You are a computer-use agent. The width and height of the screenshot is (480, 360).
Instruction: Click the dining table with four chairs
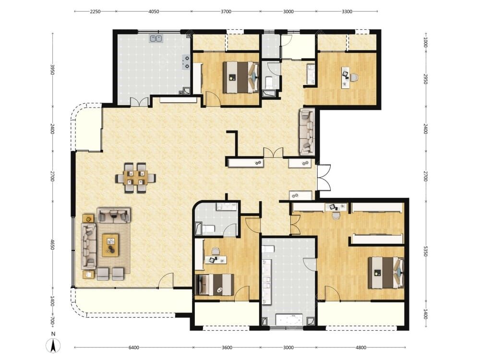coord(135,178)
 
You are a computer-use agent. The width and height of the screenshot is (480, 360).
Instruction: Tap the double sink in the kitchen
coord(156,38)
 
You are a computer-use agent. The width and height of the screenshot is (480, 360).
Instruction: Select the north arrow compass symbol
coord(53,346)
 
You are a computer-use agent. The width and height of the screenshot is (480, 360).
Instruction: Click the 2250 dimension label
coord(95,12)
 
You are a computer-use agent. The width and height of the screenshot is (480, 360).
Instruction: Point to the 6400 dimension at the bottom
coord(134,348)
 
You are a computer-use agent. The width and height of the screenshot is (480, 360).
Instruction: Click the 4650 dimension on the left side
coord(52,244)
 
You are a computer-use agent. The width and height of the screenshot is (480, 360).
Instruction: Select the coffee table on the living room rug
coord(110,245)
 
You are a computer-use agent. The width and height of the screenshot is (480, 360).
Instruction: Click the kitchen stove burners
coord(186,61)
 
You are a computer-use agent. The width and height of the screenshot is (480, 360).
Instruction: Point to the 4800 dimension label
coord(361,348)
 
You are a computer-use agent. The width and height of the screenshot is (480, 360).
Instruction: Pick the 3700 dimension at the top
coord(226,12)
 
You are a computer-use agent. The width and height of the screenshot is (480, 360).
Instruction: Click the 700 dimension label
coord(52,322)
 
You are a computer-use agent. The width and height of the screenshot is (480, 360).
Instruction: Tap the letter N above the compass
coord(53,334)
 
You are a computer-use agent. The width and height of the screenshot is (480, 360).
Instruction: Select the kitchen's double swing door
coord(138,102)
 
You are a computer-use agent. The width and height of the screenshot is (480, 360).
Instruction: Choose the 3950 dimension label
coord(52,70)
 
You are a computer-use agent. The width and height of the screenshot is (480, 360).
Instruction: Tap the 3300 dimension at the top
coord(347,12)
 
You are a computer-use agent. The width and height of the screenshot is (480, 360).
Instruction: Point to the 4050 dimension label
coord(154,12)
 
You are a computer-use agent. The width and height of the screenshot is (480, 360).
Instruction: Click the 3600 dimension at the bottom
coord(227,348)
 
